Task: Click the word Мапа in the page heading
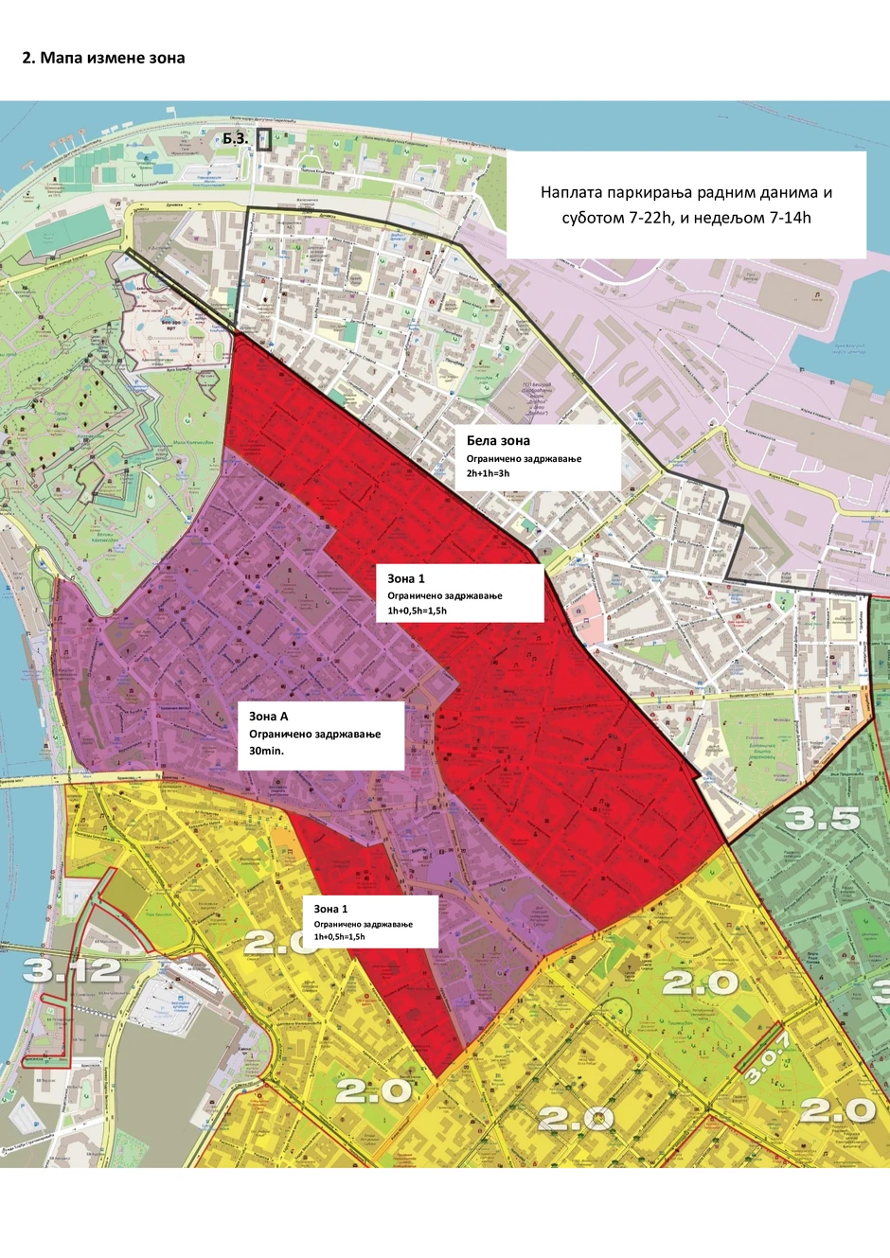point(61,58)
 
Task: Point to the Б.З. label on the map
point(236,138)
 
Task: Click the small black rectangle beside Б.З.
point(263,140)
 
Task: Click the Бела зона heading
point(498,440)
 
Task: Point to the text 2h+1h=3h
point(488,473)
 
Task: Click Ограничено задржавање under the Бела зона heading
point(524,458)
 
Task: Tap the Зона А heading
point(268,717)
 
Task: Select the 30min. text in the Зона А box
point(266,751)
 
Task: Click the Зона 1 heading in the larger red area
point(406,578)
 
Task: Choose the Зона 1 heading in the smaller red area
point(330,909)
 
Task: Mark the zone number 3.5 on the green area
point(822,819)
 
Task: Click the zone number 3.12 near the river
point(71,969)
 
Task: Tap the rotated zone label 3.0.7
point(765,1056)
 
